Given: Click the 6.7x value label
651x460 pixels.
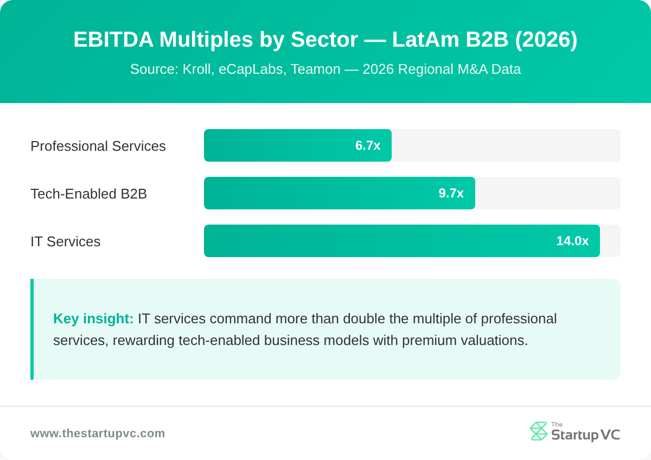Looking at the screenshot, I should (368, 145).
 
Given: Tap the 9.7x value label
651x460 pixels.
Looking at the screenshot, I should (451, 193).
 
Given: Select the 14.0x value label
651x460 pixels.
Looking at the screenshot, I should (572, 241).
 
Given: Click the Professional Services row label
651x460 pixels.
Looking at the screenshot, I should (98, 146).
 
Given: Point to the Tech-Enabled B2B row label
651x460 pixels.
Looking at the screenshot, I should (88, 194).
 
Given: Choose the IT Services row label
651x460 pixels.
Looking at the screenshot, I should (65, 241).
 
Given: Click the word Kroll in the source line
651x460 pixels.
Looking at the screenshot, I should (197, 69).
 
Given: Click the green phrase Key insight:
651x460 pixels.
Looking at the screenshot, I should (93, 318).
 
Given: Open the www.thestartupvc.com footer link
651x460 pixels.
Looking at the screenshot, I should (98, 433).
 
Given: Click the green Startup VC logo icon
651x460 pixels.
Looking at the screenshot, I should (538, 431).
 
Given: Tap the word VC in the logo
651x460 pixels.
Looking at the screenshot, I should (610, 435).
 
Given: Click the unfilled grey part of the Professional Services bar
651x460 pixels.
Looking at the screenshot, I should (505, 145).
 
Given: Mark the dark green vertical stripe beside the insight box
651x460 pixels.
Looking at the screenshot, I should (32, 329).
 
